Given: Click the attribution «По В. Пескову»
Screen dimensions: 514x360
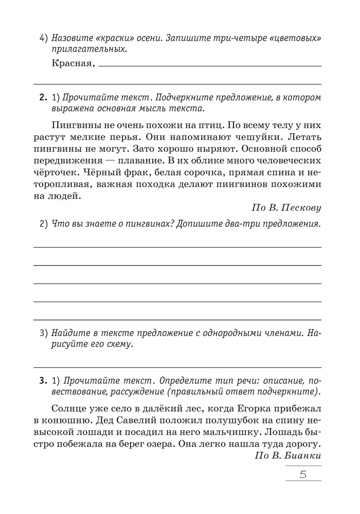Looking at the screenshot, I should click(286, 208).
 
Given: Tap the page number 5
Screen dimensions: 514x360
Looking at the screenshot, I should click(302, 474).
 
